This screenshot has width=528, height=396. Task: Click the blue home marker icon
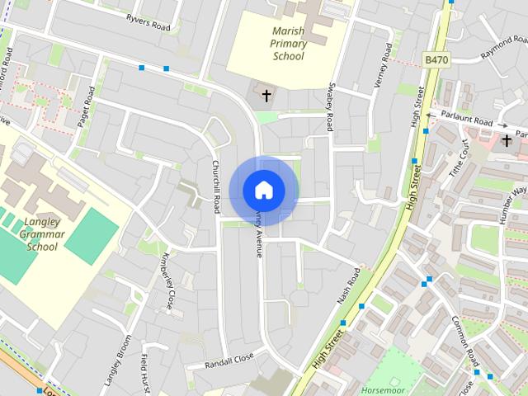click(264, 190)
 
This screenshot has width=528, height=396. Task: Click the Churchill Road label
click(216, 184)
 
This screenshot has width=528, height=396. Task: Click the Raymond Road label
click(504, 50)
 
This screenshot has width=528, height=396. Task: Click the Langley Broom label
click(118, 361)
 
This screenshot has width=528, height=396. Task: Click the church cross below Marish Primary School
click(266, 96)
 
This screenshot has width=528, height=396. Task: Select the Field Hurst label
click(146, 374)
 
